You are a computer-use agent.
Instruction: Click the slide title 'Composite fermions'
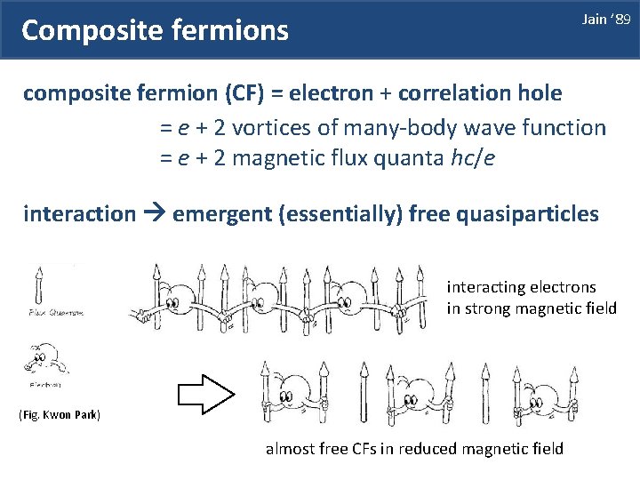coord(155,31)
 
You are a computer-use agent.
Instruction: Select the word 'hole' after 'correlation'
coord(534,92)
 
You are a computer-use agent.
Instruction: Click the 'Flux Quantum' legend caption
coord(55,313)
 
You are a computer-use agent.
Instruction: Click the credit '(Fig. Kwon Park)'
coord(60,415)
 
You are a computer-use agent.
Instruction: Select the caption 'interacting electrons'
coord(521,287)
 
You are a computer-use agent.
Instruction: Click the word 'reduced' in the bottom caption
coord(426,448)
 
